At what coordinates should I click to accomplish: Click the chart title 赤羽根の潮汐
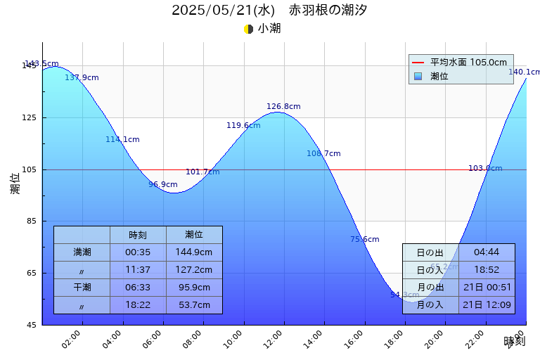point(328,11)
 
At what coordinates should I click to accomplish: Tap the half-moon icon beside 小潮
point(248,29)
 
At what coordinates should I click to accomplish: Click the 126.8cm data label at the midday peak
point(283,107)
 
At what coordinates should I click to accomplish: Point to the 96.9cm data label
point(163,185)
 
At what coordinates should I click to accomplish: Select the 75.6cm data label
point(365,240)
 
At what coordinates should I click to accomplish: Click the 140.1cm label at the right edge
point(524,72)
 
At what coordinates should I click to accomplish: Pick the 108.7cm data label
point(323,154)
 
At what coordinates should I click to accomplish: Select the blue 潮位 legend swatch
point(418,76)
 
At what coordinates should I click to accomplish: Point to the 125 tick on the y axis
point(32,117)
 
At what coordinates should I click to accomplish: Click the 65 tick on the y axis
point(32,274)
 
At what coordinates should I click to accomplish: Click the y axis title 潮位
point(15,184)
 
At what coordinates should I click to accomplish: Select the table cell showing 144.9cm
point(194,252)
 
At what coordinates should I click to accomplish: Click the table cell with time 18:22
point(138,305)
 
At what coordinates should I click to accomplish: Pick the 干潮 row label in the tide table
point(82,288)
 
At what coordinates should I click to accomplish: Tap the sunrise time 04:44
point(487,252)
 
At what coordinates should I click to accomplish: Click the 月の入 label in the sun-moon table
point(430,305)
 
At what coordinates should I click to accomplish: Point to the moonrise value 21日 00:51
point(487,288)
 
